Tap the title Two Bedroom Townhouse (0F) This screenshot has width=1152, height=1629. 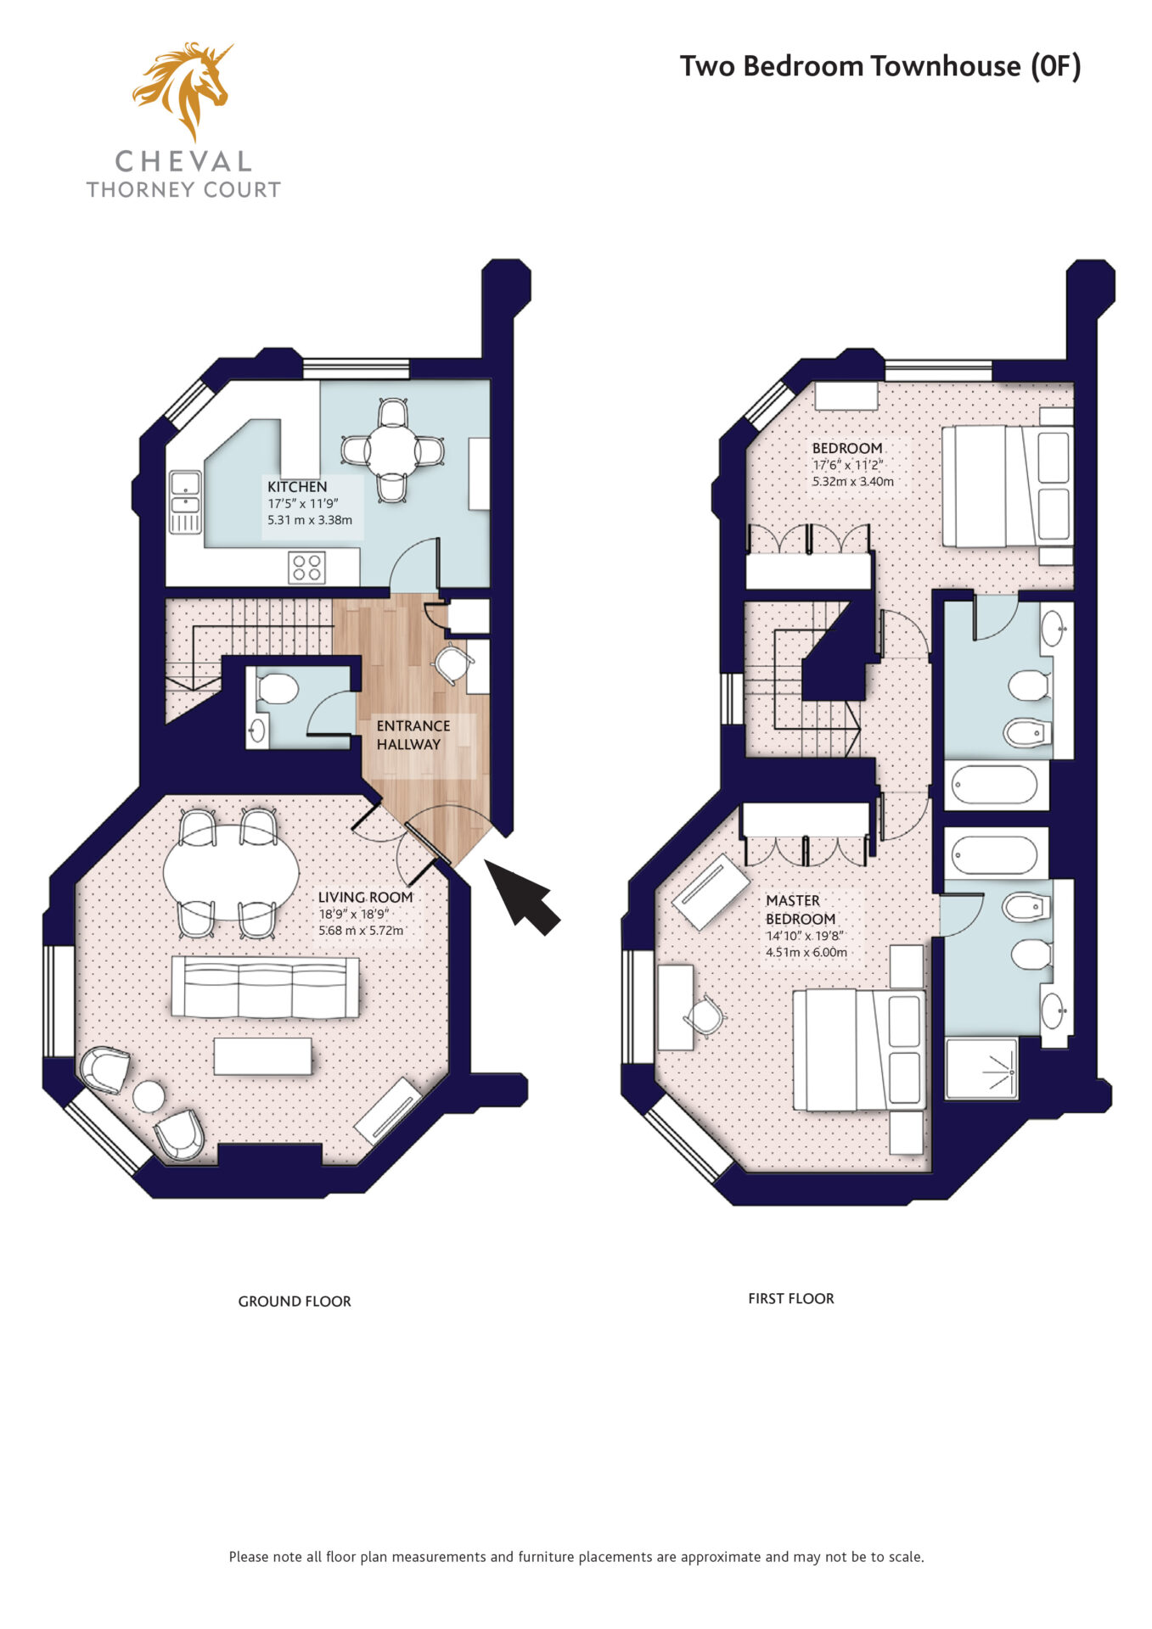click(880, 66)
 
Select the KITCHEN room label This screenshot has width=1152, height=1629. click(297, 487)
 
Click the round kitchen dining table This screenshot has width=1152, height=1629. click(392, 451)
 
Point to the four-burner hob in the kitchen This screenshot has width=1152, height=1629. click(306, 568)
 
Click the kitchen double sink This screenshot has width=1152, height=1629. click(185, 502)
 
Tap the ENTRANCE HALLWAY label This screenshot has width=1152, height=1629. click(413, 735)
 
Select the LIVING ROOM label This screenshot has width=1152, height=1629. click(365, 897)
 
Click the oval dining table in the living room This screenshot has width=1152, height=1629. click(231, 873)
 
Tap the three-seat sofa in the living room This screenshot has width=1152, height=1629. click(265, 987)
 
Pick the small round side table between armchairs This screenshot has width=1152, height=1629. click(149, 1096)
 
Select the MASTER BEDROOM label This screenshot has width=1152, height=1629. click(801, 910)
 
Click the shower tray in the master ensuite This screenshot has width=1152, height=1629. click(981, 1067)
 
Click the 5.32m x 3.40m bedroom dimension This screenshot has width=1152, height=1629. click(853, 481)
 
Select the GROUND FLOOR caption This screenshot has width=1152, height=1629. click(295, 1302)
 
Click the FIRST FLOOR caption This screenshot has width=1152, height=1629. click(791, 1299)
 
